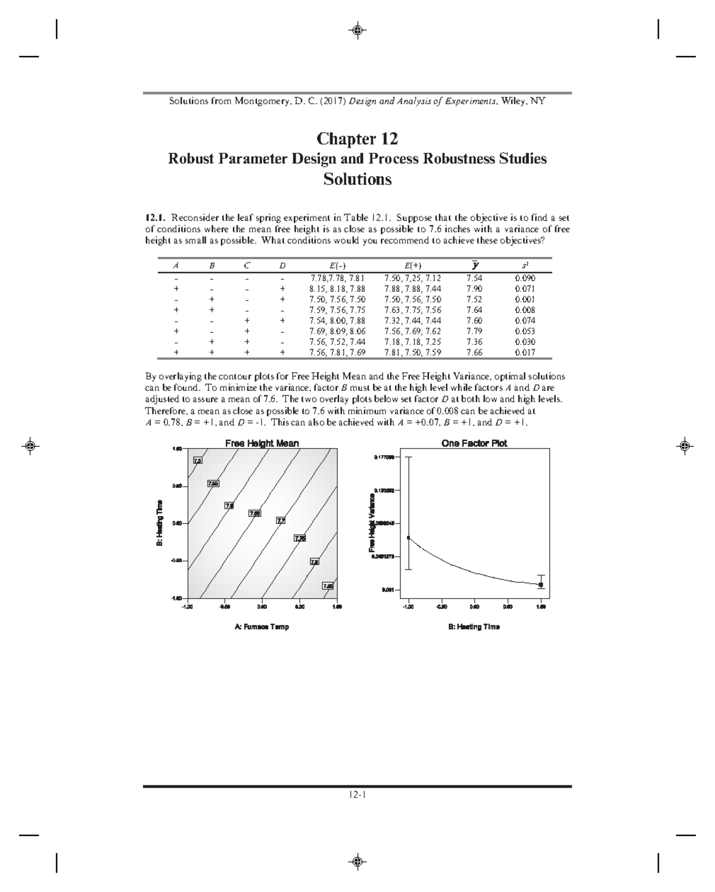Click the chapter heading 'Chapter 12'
[x=357, y=139]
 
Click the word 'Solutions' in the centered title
[x=357, y=179]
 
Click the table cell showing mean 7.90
[x=474, y=289]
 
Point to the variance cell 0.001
[x=524, y=300]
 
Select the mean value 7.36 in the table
[x=474, y=342]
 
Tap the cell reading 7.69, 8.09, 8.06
[x=337, y=331]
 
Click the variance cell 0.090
[x=524, y=278]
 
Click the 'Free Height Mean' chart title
[x=262, y=443]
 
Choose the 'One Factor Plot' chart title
[x=474, y=443]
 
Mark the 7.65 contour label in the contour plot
[x=254, y=513]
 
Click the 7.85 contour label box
[x=328, y=586]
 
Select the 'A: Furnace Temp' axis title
[x=262, y=627]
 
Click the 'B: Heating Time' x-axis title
[x=474, y=627]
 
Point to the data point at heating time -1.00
[x=409, y=537]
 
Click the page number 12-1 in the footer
[x=357, y=794]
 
